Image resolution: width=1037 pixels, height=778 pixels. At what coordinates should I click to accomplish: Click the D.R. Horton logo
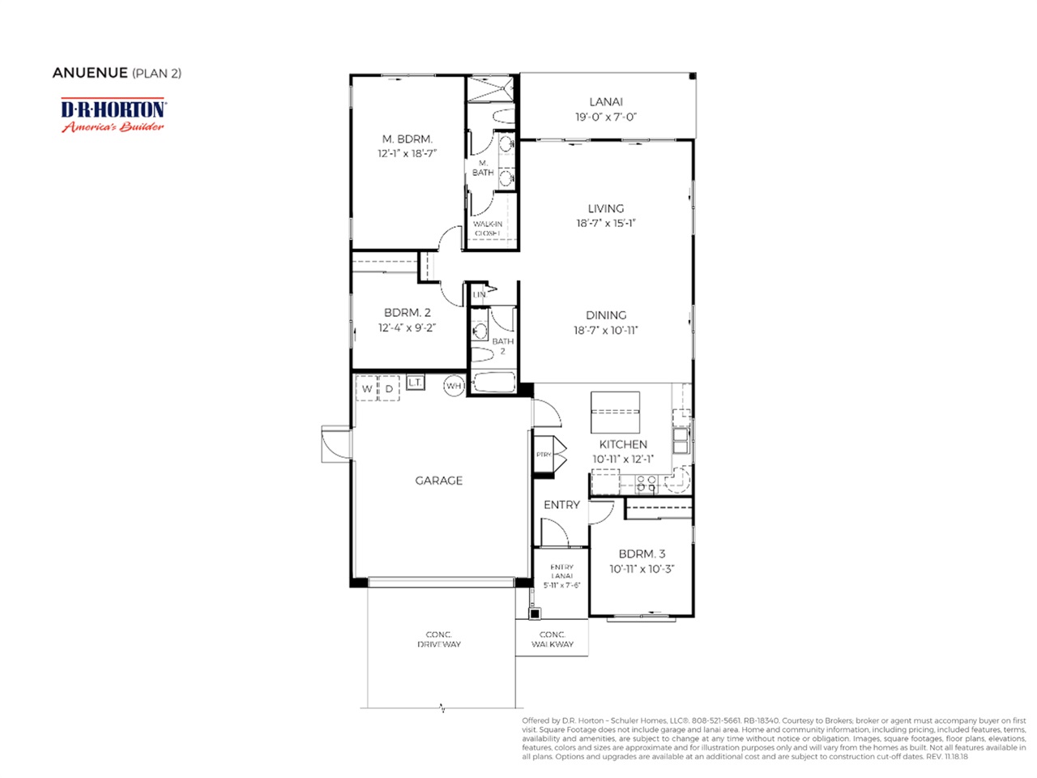(x=113, y=115)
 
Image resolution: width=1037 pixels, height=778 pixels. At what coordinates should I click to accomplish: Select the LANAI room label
(x=605, y=102)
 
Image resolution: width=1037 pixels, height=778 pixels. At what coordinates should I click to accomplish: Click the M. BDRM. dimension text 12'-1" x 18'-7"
(x=407, y=153)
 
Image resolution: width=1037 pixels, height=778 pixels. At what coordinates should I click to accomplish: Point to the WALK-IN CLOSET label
(x=488, y=229)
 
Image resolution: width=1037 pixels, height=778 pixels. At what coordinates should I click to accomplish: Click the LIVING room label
(x=605, y=208)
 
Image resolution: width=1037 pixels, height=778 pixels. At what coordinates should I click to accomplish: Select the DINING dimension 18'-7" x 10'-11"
(x=605, y=330)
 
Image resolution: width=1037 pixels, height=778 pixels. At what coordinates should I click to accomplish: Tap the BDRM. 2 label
(x=407, y=312)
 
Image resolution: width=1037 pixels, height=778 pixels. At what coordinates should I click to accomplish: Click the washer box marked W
(x=367, y=389)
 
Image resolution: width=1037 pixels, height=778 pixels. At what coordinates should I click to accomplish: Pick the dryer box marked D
(x=390, y=389)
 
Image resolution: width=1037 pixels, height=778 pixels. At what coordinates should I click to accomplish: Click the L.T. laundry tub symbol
(x=415, y=382)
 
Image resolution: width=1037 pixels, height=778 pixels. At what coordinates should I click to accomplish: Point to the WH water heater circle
(x=454, y=387)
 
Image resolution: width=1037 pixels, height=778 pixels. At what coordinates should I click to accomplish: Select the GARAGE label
(x=438, y=481)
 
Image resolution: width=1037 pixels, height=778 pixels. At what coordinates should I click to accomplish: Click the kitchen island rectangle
(x=615, y=413)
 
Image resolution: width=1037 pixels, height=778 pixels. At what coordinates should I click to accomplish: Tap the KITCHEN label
(x=623, y=444)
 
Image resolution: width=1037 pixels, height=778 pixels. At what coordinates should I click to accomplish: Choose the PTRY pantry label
(x=544, y=455)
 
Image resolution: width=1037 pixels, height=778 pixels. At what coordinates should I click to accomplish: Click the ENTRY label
(x=561, y=505)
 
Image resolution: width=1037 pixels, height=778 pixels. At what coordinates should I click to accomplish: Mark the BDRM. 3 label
(x=642, y=554)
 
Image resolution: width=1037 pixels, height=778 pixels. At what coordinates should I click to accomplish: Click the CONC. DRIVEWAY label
(x=438, y=639)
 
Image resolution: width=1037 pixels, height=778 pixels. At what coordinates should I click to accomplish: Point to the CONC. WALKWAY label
(x=552, y=639)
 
